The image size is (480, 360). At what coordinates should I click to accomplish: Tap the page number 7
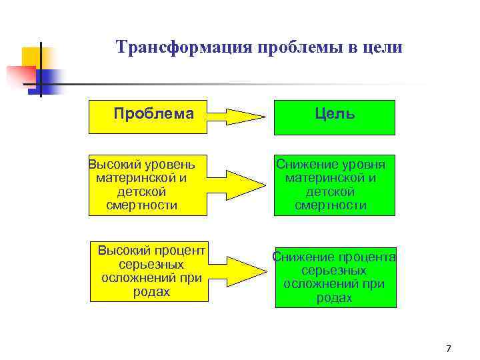click(448, 349)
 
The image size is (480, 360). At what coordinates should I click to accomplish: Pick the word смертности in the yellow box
click(141, 205)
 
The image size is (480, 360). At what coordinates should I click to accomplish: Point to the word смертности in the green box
click(331, 205)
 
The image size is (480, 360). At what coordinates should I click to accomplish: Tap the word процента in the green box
click(366, 258)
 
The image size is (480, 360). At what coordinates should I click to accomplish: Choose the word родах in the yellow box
click(151, 292)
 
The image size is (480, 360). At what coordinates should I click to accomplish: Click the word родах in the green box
click(334, 298)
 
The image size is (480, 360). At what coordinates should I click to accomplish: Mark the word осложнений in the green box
click(319, 285)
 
